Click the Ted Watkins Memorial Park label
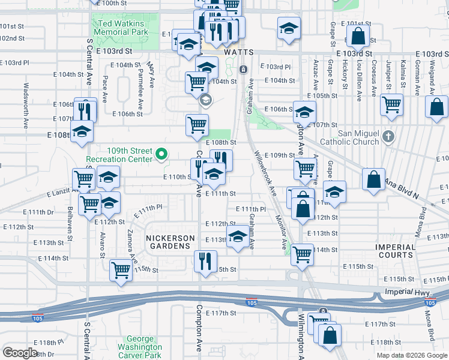[x=119, y=27]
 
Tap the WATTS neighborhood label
[x=239, y=53]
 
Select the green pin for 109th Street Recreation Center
[x=161, y=155]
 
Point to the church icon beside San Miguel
[x=388, y=136]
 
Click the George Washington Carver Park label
[x=144, y=347]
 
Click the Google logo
[x=20, y=352]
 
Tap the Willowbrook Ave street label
[x=265, y=175]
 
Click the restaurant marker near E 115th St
[x=205, y=262]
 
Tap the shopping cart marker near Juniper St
[x=391, y=104]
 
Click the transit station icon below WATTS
[x=243, y=70]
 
